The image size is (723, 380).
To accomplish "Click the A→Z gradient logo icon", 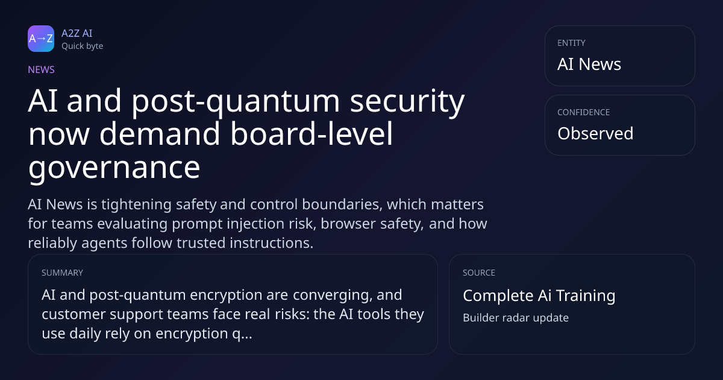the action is pos(41,39).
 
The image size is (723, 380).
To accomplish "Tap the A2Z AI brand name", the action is pos(77,33).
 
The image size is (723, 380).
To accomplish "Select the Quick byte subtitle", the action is pos(83,46).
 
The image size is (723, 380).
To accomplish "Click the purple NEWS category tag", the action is pos(42,70).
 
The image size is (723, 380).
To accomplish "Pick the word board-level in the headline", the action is pos(311,133).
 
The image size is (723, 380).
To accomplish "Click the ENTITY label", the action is pos(571,43).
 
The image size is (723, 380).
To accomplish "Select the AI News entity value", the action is pos(589,64).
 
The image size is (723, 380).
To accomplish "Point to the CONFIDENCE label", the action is pos(584,112).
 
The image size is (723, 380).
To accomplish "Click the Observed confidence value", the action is pos(595,133).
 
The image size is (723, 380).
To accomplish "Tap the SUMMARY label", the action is pos(62,273).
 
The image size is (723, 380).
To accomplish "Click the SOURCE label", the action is pos(479,273).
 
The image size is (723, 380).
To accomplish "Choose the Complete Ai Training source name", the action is pos(539,296).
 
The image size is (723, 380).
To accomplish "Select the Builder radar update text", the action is pos(516,318).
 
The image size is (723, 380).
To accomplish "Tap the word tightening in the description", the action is pos(136,205).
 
